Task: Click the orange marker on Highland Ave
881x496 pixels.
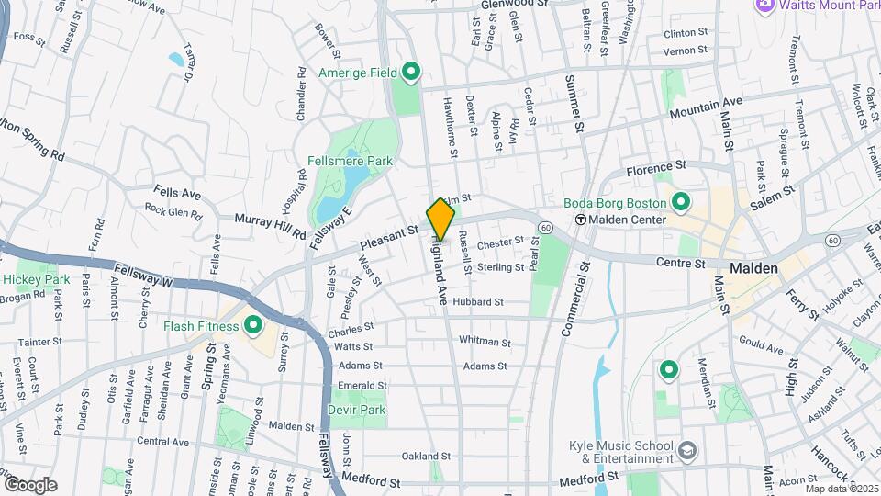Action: [x=440, y=219]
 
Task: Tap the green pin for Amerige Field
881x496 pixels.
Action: [x=411, y=71]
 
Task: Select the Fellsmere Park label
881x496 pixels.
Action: [x=355, y=161]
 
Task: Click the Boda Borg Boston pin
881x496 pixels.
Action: [x=680, y=201]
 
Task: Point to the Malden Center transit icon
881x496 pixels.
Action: [x=580, y=220]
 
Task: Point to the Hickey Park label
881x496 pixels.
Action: [x=36, y=279]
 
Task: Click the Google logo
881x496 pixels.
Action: [x=30, y=484]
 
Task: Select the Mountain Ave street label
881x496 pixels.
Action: [x=706, y=107]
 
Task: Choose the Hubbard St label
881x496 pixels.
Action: [x=478, y=301]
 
